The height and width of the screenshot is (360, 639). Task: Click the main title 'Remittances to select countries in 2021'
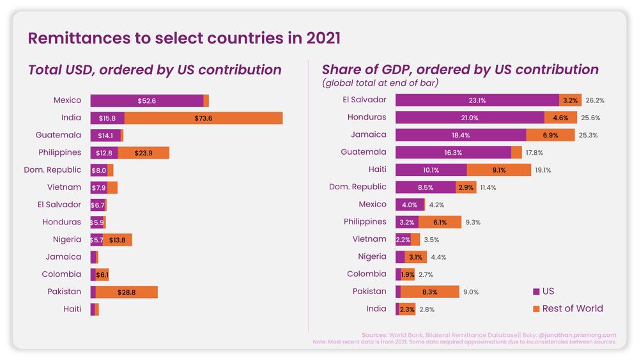pyautogui.click(x=184, y=38)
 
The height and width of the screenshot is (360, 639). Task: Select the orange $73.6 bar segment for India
pyautogui.click(x=203, y=118)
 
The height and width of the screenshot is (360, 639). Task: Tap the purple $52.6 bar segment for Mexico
pyautogui.click(x=147, y=100)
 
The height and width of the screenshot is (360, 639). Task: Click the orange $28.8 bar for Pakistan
pyautogui.click(x=127, y=292)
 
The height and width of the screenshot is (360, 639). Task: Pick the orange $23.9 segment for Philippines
pyautogui.click(x=143, y=153)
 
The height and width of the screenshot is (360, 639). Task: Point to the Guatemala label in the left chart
pyautogui.click(x=59, y=135)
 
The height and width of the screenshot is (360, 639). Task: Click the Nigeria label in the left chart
pyautogui.click(x=67, y=239)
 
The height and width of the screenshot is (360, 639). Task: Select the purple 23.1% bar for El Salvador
pyautogui.click(x=477, y=100)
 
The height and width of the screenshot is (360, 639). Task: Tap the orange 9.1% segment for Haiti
pyautogui.click(x=499, y=169)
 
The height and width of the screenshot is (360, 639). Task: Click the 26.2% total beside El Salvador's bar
pyautogui.click(x=595, y=100)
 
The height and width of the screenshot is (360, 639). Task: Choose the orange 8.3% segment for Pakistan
pyautogui.click(x=430, y=292)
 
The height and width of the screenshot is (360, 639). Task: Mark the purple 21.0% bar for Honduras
pyautogui.click(x=470, y=118)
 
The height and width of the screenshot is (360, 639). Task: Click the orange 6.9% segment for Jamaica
pyautogui.click(x=550, y=135)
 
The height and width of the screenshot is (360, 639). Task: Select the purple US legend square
pyautogui.click(x=536, y=292)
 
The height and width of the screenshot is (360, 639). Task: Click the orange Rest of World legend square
pyautogui.click(x=536, y=309)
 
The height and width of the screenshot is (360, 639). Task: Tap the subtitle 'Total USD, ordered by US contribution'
pyautogui.click(x=155, y=70)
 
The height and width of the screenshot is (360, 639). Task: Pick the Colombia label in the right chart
pyautogui.click(x=367, y=274)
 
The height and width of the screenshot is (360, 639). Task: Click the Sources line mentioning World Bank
pyautogui.click(x=489, y=334)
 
